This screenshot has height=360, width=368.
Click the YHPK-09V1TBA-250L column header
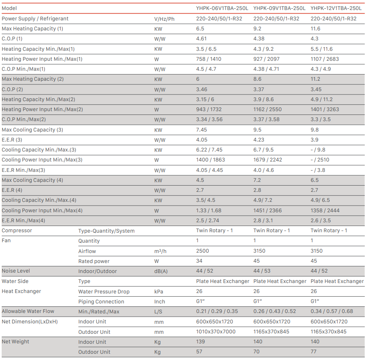[x=279, y=8]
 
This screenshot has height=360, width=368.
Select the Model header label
[x=9, y=8]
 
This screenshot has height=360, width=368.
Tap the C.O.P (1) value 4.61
[x=201, y=39]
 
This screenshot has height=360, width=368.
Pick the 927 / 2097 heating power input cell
[x=267, y=59]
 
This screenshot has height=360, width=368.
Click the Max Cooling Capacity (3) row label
[x=32, y=129]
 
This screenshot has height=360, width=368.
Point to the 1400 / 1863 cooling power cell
[x=210, y=160]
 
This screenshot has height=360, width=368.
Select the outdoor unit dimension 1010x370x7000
[x=216, y=332]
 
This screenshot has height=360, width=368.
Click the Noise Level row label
[x=16, y=271]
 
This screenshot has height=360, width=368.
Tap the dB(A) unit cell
[x=161, y=271]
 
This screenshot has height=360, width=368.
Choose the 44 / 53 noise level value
[x=262, y=271]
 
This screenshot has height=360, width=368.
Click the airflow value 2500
[x=203, y=251]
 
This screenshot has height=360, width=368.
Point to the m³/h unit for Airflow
[x=160, y=251]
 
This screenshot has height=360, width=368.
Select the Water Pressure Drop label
[x=104, y=291]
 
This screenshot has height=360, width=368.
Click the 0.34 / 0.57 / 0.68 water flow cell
[x=332, y=311]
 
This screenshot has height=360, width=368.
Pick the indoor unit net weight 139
[x=201, y=341]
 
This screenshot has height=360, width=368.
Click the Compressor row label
[x=17, y=231]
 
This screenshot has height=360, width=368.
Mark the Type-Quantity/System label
[x=106, y=231]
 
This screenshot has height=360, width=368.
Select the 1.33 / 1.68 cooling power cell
[x=209, y=211]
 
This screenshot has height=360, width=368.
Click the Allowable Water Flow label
[x=28, y=311]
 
